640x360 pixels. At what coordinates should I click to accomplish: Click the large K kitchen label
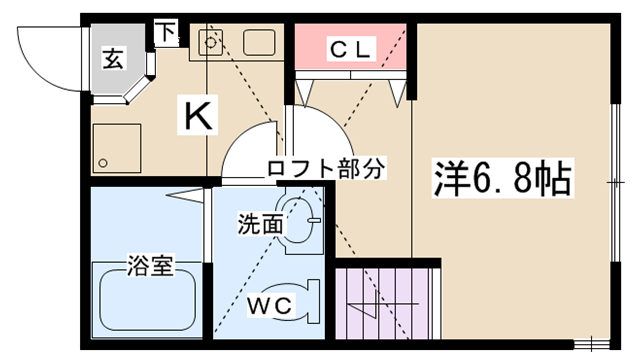pos(198,115)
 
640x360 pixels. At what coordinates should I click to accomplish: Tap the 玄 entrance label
pos(113,58)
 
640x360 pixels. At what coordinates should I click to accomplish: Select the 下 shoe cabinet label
pos(166,33)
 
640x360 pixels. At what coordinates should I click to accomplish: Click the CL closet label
pos(351,49)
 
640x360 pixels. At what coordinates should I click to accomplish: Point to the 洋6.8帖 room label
pos(502,178)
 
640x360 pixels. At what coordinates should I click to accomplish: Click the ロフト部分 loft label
pos(326,167)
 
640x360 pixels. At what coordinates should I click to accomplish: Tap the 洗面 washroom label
pos(260,224)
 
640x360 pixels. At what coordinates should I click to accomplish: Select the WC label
pos(270,305)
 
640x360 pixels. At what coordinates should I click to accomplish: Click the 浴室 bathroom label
pos(151,265)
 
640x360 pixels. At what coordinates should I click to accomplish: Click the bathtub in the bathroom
pos(148,300)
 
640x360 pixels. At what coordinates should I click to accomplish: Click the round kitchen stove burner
pos(211,42)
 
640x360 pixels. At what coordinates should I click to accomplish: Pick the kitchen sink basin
pos(259,42)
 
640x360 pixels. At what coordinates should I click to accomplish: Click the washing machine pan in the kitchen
pos(117,148)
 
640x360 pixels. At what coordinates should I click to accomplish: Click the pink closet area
pos(350,47)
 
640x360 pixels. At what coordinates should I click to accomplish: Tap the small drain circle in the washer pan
pos(103,163)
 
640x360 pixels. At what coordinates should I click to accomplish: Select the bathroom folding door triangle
pos(184,195)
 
